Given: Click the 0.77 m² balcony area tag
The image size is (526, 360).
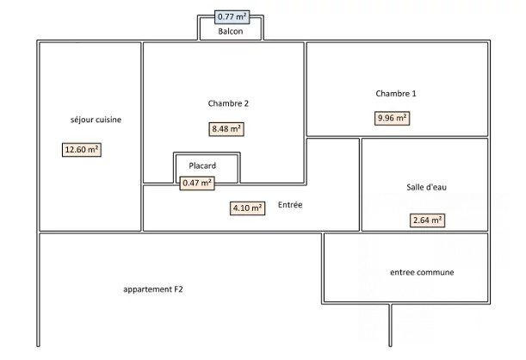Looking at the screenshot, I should coord(231,16).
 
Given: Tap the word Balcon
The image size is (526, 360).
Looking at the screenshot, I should coord(231,32).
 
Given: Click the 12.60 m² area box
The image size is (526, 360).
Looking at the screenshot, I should coord(82,149).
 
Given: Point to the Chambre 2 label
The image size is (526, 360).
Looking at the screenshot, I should coord(228,103).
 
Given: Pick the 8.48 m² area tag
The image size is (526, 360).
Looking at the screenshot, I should coord(226,129).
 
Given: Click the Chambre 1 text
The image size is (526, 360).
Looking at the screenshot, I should coord(396,93).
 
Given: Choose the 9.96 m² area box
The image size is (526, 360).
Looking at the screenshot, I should coord(393,118).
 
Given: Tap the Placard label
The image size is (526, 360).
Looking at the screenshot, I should coord(202,165).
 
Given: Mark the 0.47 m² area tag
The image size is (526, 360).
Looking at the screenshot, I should coord(197,182).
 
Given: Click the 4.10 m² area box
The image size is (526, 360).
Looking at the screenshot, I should coord(247,208).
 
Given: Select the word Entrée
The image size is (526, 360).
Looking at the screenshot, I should coord(290,205).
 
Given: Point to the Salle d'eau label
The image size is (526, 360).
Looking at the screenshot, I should coord(426,188).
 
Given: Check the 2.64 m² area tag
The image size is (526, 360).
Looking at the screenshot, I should coord(427,220).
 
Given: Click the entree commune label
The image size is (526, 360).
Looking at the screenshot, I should coord(422,272).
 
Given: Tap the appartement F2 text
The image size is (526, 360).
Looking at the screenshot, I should coord(153,289).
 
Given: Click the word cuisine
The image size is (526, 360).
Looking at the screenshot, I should coord(108,120).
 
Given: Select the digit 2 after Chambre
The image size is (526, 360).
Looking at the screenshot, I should coord(246,103).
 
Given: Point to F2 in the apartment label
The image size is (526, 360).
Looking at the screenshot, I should coord(177,289).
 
